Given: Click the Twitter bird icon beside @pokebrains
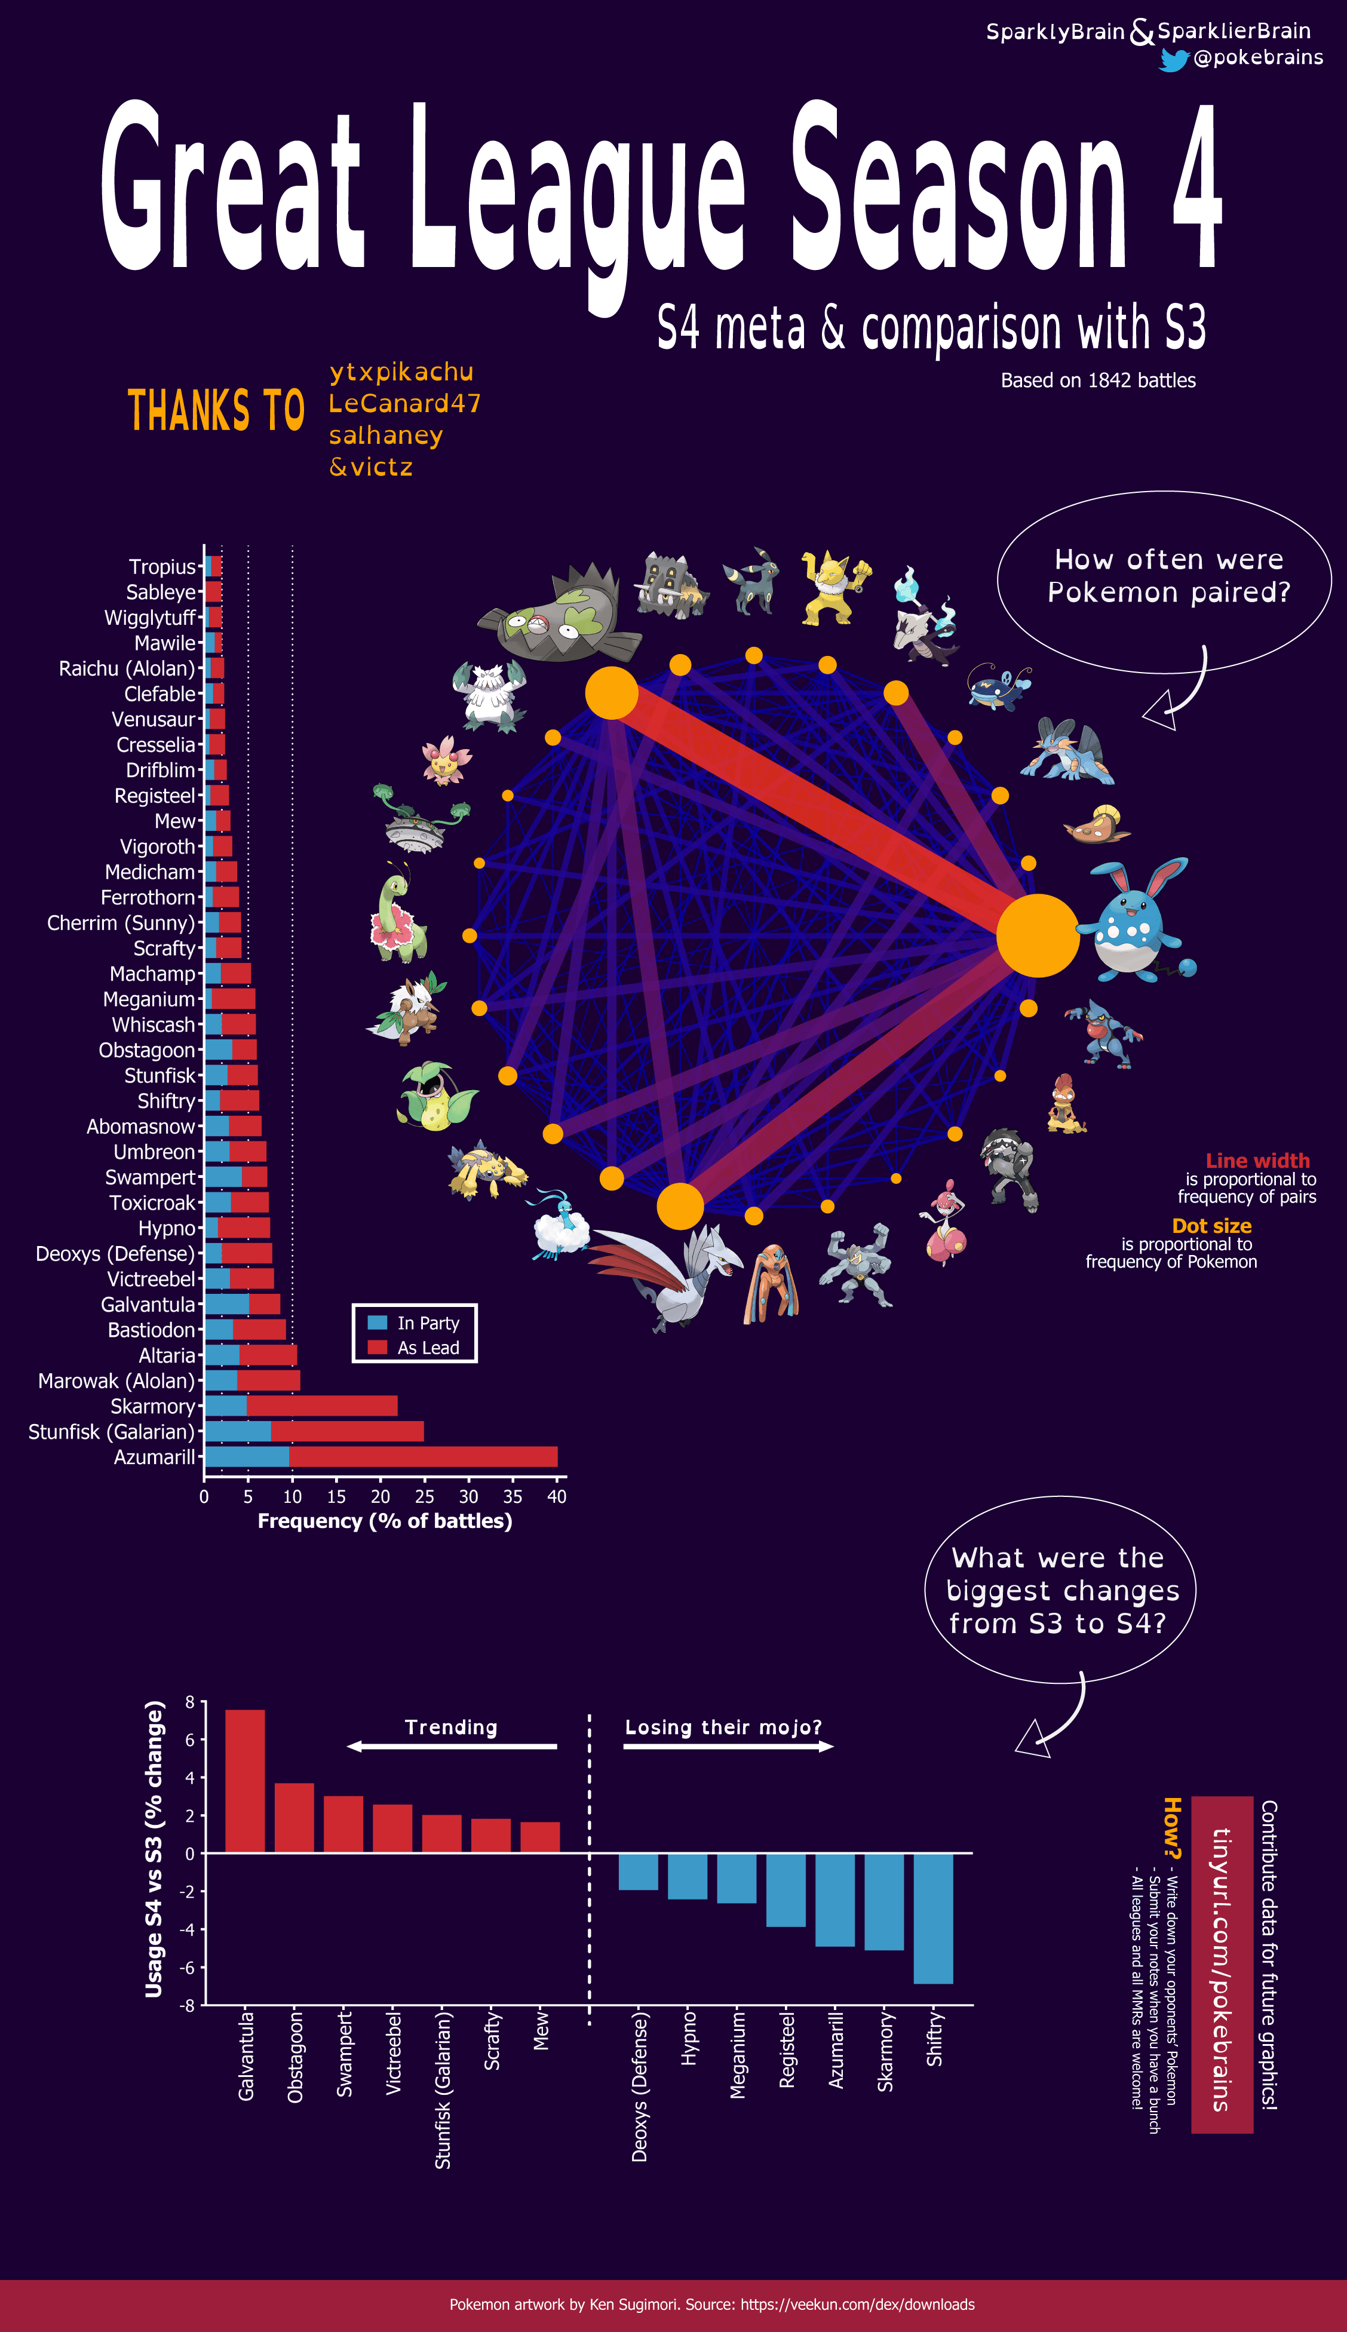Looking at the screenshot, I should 1173,59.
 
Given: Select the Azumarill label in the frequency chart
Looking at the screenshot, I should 155,1457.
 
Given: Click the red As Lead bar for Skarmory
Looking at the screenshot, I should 322,1406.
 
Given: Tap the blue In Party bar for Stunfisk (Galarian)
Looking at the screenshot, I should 238,1431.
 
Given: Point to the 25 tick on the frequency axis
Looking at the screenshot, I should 425,1496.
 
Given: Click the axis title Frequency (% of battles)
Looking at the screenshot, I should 385,1521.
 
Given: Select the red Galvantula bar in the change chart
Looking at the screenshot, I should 245,1781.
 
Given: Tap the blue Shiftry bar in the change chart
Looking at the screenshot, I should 934,1917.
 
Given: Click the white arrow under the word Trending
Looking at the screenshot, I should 452,1747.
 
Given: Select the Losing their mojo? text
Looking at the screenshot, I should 723,1727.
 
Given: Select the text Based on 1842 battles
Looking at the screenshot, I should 1098,380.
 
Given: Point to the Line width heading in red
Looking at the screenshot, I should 1257,1161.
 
